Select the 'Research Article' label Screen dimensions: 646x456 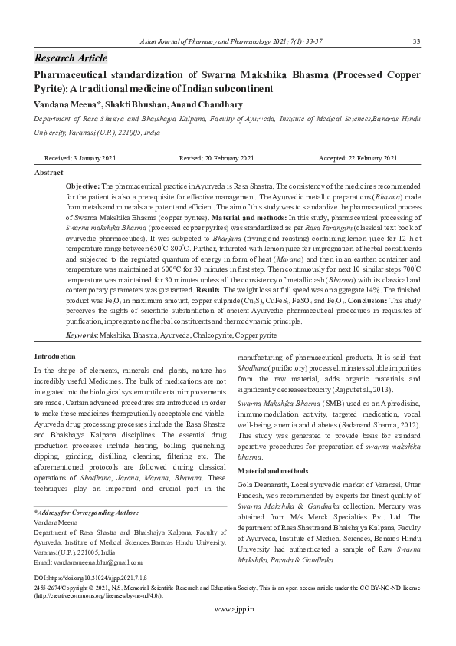click(71, 58)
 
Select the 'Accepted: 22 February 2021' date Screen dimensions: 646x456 click(358, 158)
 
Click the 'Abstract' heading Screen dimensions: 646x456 click(49, 173)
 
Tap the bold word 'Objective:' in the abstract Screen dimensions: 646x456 click(83, 186)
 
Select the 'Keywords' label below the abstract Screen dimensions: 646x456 click(81, 336)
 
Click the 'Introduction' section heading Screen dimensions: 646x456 click(55, 358)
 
